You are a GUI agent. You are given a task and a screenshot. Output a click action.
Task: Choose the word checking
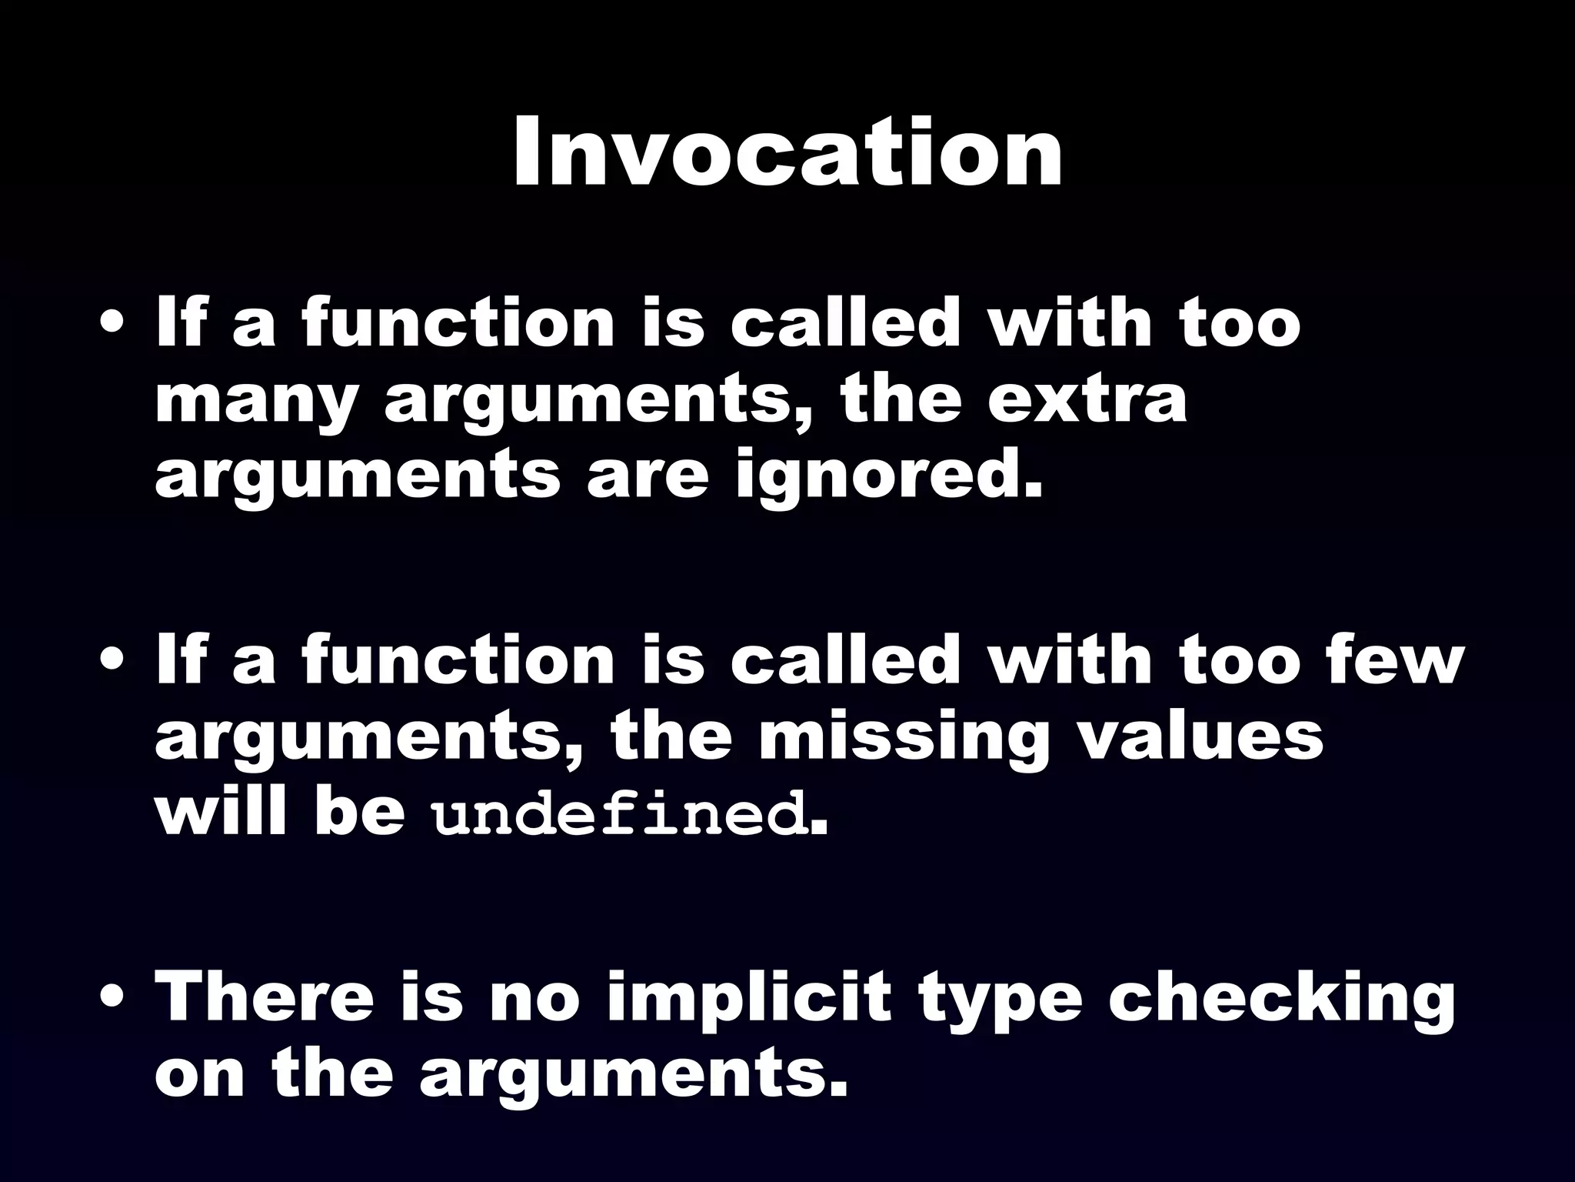[x=1281, y=999]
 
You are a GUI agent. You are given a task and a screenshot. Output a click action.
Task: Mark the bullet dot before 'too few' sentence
[x=113, y=664]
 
